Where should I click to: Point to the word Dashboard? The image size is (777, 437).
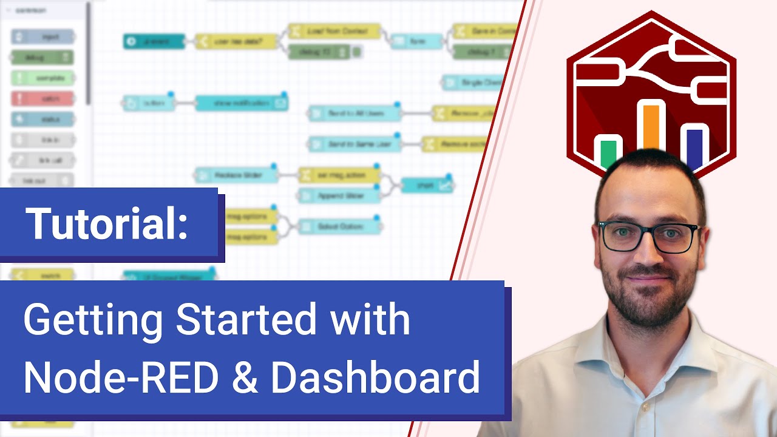tap(376, 378)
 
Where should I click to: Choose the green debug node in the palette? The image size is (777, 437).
tap(42, 57)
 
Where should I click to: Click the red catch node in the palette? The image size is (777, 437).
tap(42, 98)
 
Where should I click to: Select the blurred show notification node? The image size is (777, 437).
tap(241, 103)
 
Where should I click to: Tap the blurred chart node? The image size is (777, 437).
tap(427, 185)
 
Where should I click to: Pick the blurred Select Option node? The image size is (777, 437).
tap(339, 226)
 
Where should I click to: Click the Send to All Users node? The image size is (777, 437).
tap(355, 113)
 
